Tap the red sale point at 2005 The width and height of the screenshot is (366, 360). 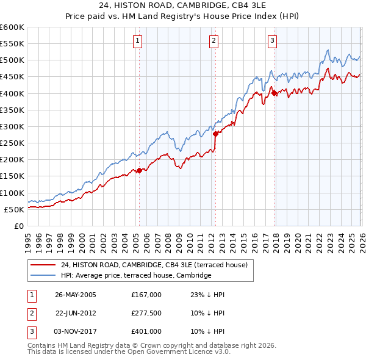tap(139, 170)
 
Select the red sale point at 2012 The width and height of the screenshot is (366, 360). tap(215, 134)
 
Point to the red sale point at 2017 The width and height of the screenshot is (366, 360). tap(274, 93)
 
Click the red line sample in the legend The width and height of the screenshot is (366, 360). tap(44, 265)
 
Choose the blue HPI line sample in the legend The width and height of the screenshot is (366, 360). tap(44, 276)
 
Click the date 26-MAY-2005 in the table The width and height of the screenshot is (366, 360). tap(76, 294)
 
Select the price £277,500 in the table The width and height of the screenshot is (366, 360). tap(146, 313)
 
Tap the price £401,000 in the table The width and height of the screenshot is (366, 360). tap(146, 332)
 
